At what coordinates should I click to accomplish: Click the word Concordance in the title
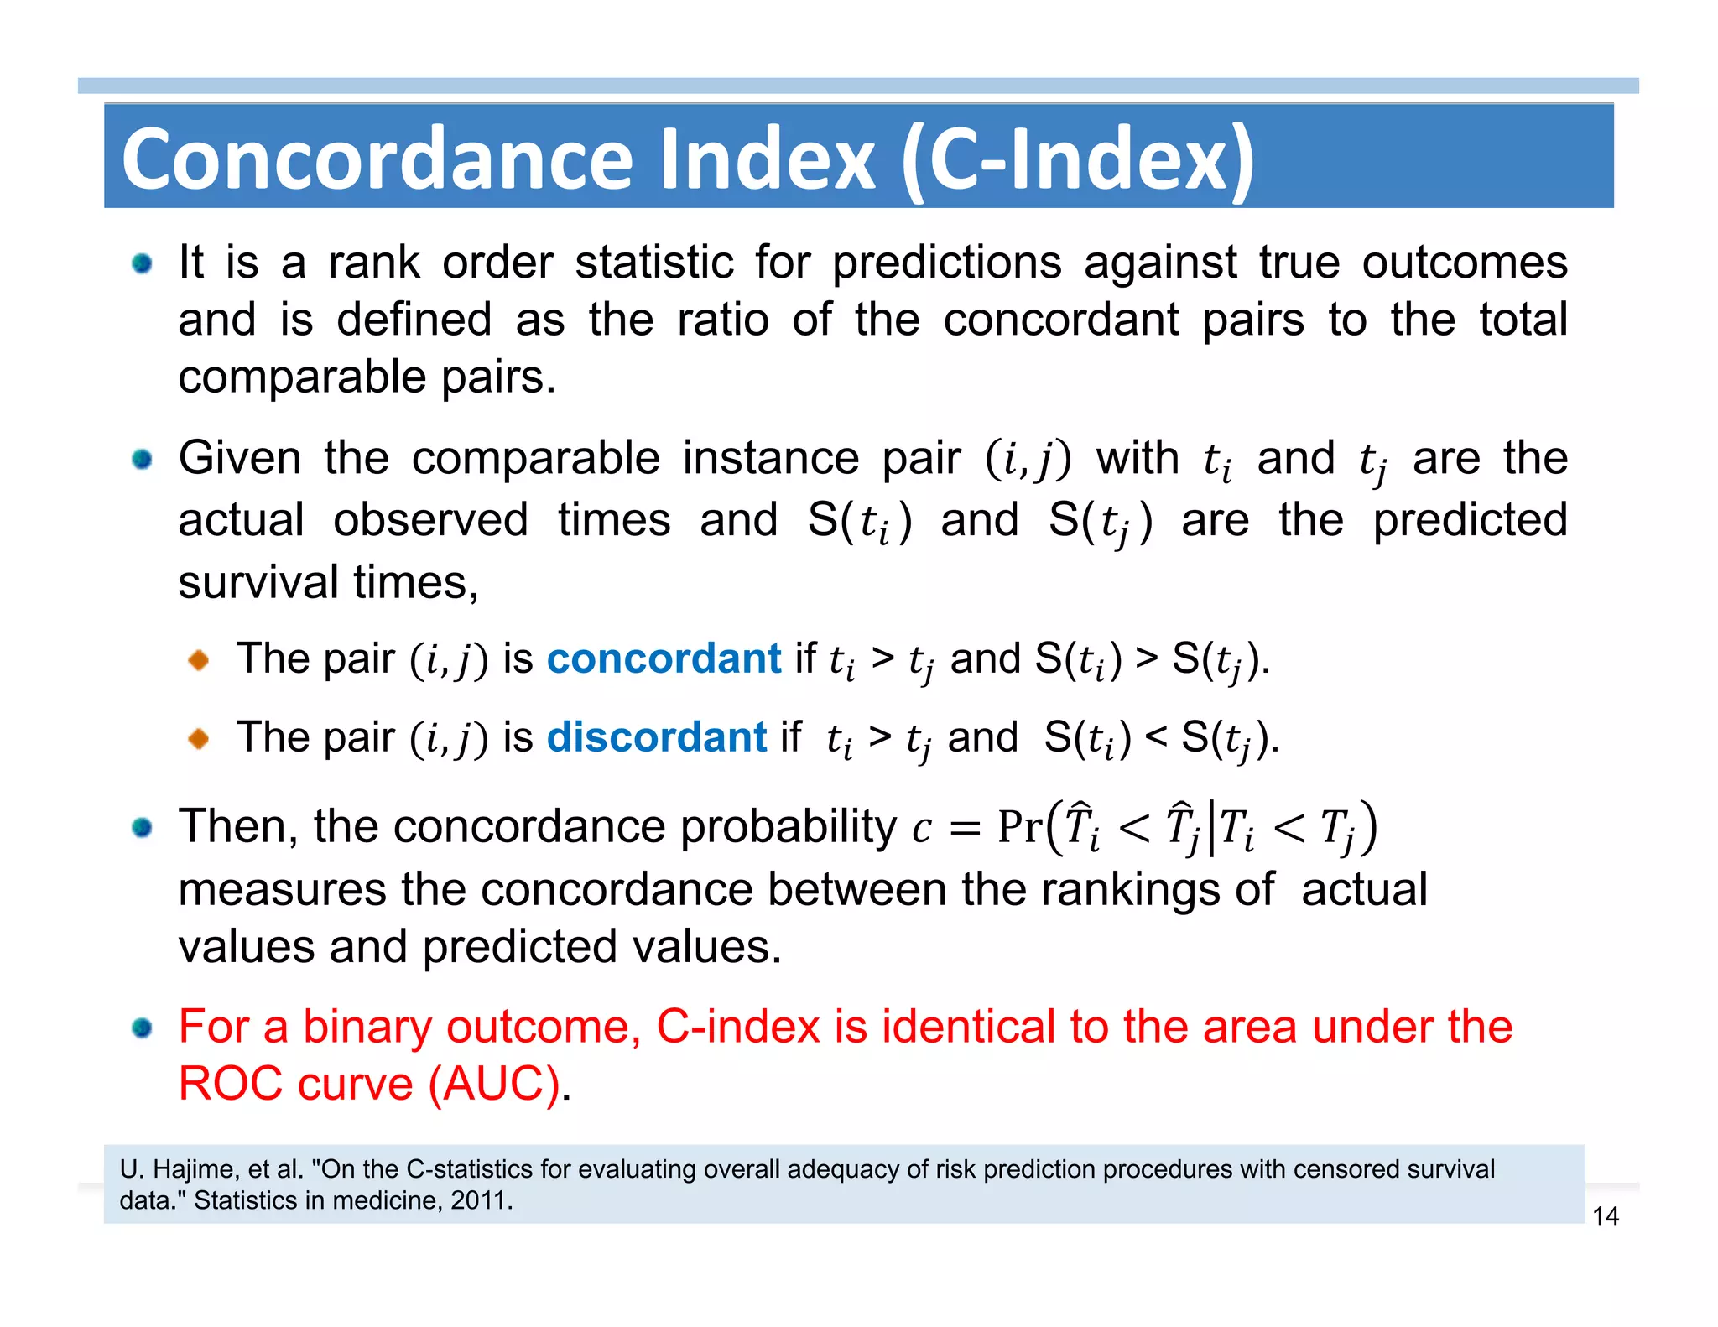377,159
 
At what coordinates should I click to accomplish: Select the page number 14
1605,1216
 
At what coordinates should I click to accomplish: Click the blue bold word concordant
664,658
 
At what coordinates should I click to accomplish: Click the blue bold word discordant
656,737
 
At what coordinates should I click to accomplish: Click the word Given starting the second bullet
239,458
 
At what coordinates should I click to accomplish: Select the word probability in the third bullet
788,826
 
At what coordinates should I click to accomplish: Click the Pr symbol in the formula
1019,826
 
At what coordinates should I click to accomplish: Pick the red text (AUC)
493,1084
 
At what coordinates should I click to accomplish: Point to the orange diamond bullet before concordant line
199,660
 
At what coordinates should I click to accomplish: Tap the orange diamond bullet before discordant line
199,739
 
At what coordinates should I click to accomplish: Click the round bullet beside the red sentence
142,1028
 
